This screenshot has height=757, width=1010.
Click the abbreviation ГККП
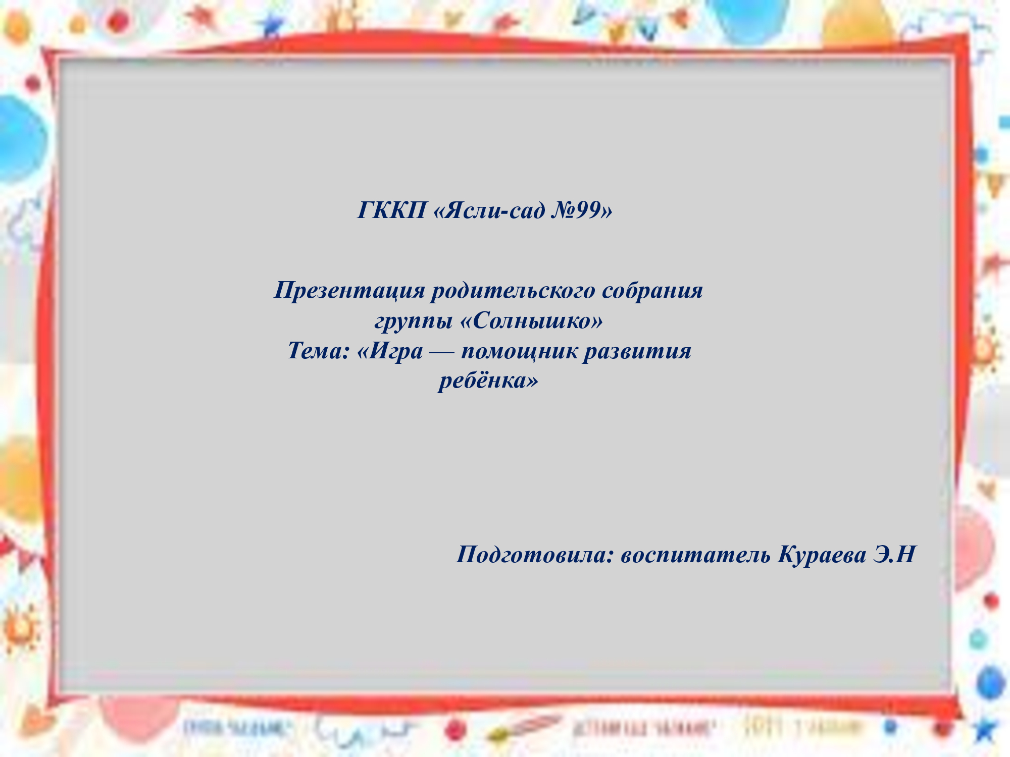pyautogui.click(x=392, y=210)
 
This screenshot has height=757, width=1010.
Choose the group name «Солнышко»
pyautogui.click(x=532, y=320)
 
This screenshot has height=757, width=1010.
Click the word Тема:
pyautogui.click(x=318, y=351)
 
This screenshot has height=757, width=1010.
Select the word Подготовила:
pyautogui.click(x=535, y=555)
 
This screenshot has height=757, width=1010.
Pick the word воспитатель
pyautogui.click(x=696, y=555)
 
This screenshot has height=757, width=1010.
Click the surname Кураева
pyautogui.click(x=822, y=555)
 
